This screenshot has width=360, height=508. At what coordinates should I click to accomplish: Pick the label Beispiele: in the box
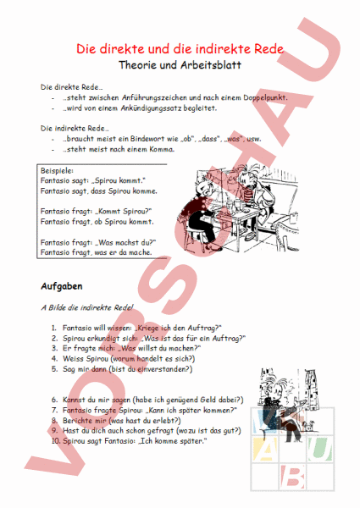[59, 170]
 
